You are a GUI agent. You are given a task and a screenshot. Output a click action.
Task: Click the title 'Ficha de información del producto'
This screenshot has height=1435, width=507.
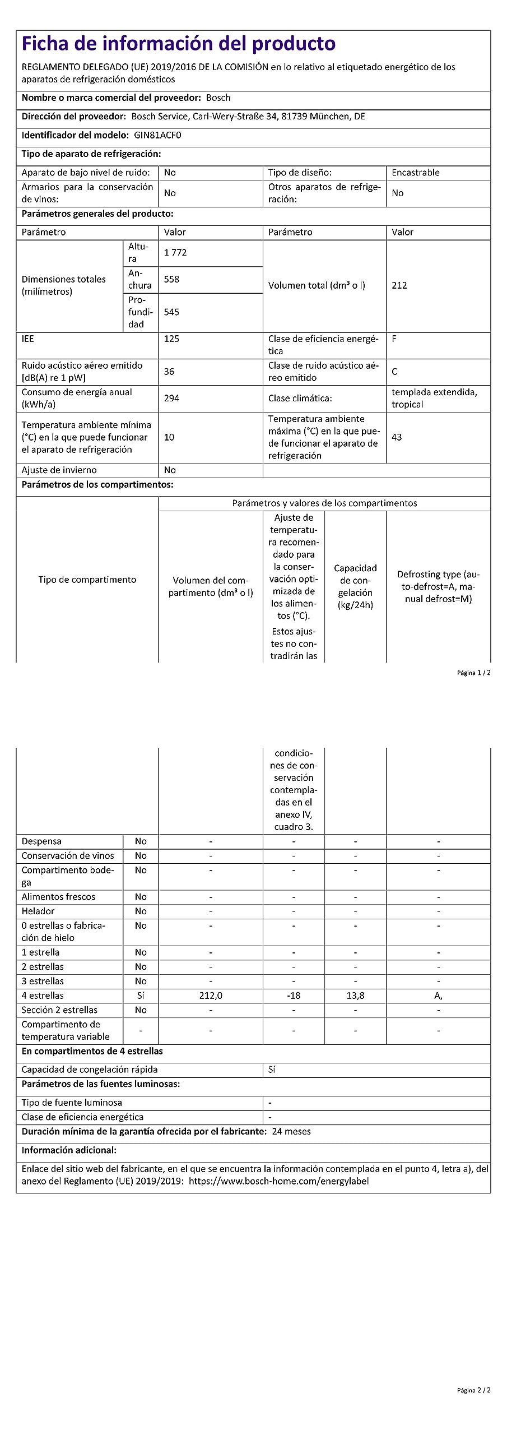click(x=178, y=44)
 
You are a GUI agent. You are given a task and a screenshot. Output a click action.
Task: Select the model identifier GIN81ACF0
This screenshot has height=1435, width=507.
click(x=157, y=135)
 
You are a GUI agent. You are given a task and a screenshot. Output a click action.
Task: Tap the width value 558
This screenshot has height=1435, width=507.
click(x=171, y=279)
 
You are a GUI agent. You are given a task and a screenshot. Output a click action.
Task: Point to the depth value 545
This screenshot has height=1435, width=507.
click(x=171, y=312)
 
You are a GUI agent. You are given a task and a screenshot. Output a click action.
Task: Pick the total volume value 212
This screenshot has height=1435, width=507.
click(x=399, y=285)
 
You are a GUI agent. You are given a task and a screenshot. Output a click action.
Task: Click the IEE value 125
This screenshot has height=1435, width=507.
click(x=171, y=339)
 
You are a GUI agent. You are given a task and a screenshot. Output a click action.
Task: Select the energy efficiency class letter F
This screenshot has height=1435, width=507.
click(x=394, y=339)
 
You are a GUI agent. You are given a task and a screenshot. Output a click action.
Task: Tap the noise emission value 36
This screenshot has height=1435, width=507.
click(x=169, y=372)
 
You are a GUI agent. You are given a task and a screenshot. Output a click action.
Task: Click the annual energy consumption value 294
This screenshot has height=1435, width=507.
click(x=171, y=398)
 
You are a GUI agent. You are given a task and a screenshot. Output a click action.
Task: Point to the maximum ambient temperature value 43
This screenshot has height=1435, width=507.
click(x=397, y=437)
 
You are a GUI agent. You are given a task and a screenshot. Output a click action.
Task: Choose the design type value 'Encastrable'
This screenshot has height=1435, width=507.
click(x=415, y=173)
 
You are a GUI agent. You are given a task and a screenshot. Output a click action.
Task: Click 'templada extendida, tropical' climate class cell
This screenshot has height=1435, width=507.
click(x=434, y=398)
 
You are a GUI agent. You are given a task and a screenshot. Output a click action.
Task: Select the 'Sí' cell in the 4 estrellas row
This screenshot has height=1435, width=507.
click(x=141, y=996)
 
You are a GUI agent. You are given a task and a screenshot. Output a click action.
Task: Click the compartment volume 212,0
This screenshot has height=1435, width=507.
click(x=211, y=996)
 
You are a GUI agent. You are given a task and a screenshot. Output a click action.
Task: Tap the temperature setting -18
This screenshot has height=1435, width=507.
click(x=294, y=996)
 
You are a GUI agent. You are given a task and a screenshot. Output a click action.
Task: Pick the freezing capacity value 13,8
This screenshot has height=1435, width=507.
click(x=355, y=996)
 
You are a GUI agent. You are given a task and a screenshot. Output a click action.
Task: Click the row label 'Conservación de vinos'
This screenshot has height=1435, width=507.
click(x=68, y=855)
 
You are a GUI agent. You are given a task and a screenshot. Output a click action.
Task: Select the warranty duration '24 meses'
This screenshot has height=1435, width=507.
click(x=291, y=1131)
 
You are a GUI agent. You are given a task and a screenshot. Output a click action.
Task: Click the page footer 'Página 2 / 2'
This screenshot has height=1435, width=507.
click(x=473, y=1390)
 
